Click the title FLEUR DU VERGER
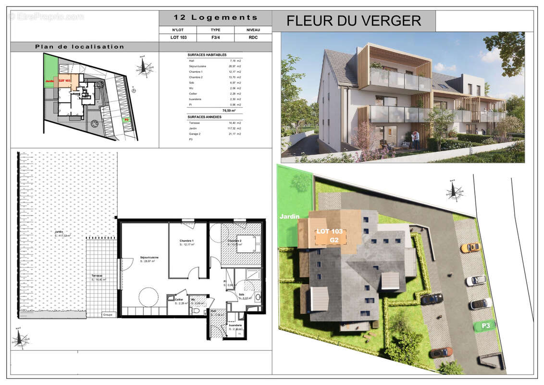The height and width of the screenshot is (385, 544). point(354,21)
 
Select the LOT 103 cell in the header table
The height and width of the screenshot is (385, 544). point(178,37)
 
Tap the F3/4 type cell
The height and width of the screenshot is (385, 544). point(215,37)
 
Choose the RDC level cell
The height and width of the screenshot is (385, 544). point(253,37)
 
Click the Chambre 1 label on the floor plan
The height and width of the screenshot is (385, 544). point(186,241)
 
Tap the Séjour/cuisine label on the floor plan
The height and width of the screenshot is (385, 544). point(149,257)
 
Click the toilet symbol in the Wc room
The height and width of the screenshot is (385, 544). point(196,310)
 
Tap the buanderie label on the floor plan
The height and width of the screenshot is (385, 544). point(235,326)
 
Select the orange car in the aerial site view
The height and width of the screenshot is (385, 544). point(470,247)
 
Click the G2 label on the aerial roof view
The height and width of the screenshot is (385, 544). point(334,239)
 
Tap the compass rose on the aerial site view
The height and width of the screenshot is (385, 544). point(454,191)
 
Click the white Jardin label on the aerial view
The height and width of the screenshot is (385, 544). point(289,217)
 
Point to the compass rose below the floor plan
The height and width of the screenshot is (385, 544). point(20,340)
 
